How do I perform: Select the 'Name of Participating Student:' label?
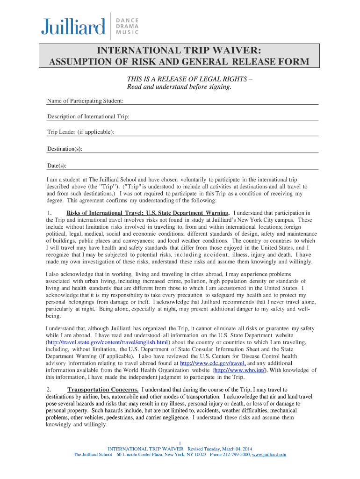tap(86, 101)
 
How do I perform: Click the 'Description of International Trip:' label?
tap(88, 116)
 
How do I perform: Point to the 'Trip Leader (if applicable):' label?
tap(80, 132)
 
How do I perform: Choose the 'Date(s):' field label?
tap(57, 166)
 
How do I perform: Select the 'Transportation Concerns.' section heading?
tap(103, 390)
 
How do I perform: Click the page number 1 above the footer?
tap(180, 443)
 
